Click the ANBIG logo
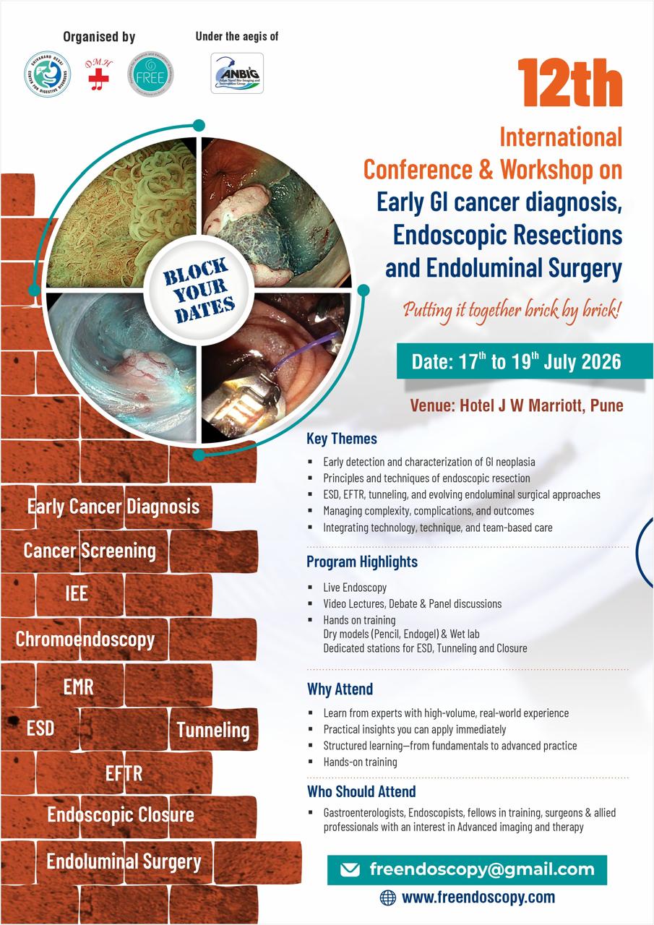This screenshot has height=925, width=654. click(x=237, y=73)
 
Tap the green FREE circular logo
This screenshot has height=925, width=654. click(x=149, y=73)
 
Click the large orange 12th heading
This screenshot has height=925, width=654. click(x=569, y=85)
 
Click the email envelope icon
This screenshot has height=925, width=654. click(x=350, y=869)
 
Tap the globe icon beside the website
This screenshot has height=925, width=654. click(x=388, y=898)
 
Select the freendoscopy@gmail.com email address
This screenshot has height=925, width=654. click(x=481, y=869)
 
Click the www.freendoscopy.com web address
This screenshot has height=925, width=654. click(x=478, y=898)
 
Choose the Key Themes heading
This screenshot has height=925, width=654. click(x=342, y=439)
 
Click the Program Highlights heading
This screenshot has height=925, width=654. click(x=362, y=562)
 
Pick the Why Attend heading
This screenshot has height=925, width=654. click(x=340, y=689)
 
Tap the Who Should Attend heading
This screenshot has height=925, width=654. click(x=361, y=791)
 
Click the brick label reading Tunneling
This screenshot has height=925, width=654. click(x=213, y=730)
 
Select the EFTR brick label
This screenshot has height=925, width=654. click(x=124, y=773)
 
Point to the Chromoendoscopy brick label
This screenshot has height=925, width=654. click(x=85, y=639)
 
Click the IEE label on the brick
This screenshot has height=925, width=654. click(x=76, y=593)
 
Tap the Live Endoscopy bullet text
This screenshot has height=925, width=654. click(x=355, y=588)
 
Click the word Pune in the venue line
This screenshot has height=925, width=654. click(x=606, y=405)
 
